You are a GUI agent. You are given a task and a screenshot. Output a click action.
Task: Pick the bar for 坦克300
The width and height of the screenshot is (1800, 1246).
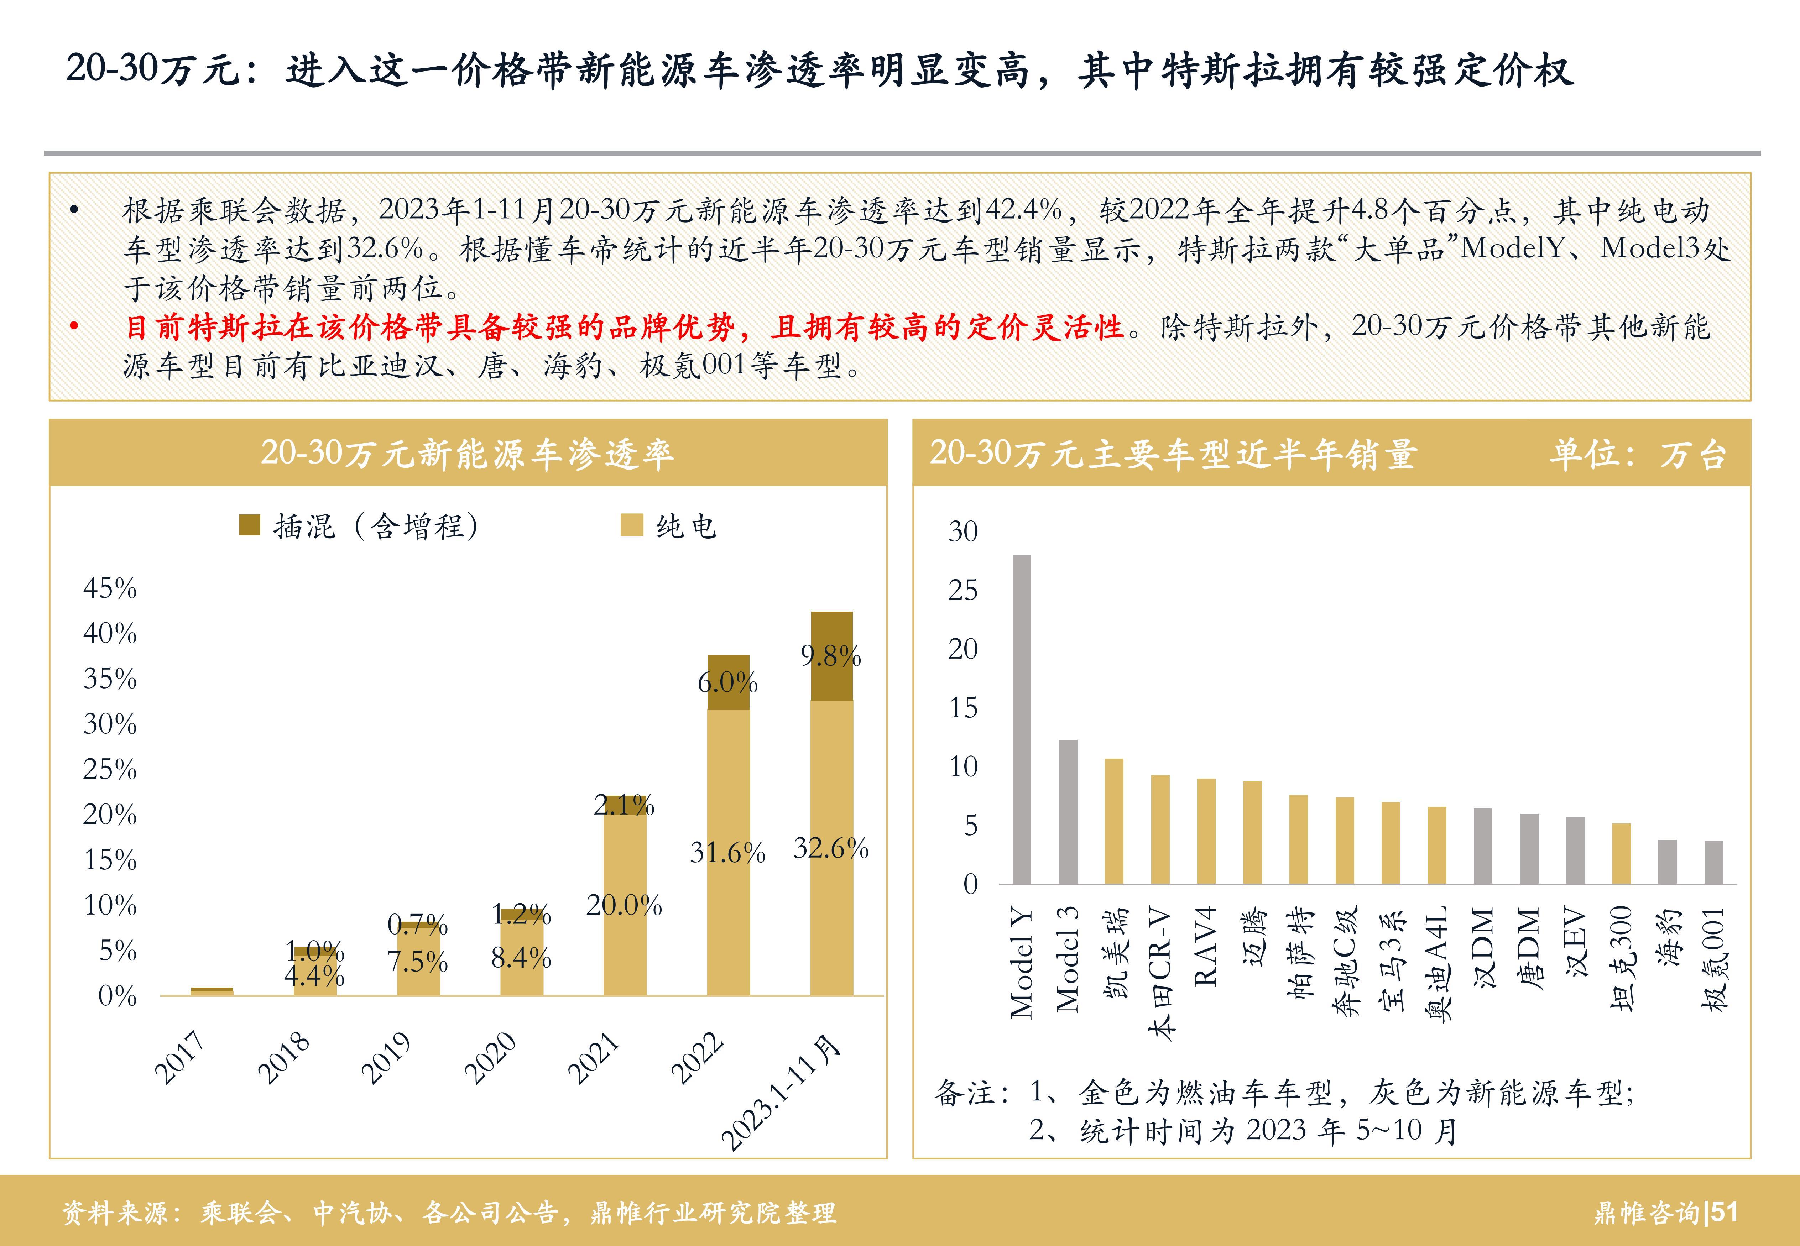1621,853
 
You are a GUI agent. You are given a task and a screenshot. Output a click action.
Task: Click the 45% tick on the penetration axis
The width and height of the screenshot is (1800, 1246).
110,588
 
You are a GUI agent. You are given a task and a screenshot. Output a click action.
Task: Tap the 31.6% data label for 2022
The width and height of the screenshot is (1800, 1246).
727,853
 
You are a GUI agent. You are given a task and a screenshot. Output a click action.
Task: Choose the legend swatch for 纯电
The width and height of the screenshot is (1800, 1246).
631,525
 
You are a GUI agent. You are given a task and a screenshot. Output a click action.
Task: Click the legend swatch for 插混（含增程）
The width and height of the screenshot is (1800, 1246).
249,525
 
